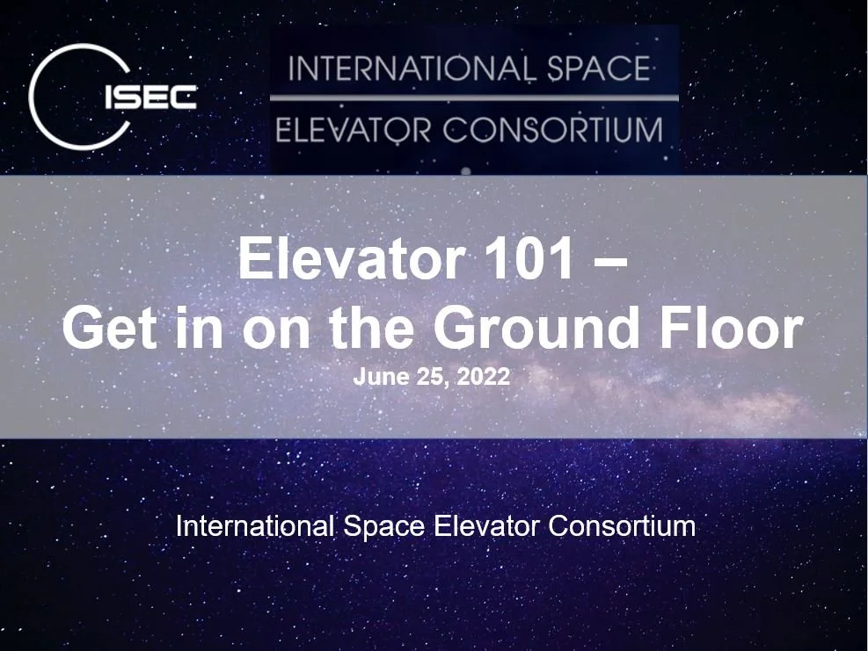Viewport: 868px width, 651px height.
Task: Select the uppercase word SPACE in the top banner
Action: click(598, 69)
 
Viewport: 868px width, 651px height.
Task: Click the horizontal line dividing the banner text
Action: click(474, 98)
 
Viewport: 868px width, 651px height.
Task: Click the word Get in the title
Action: click(112, 327)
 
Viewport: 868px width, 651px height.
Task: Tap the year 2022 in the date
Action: click(484, 378)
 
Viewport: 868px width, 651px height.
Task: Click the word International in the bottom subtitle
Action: click(255, 527)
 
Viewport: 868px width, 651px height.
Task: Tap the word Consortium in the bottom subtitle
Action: click(622, 527)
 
